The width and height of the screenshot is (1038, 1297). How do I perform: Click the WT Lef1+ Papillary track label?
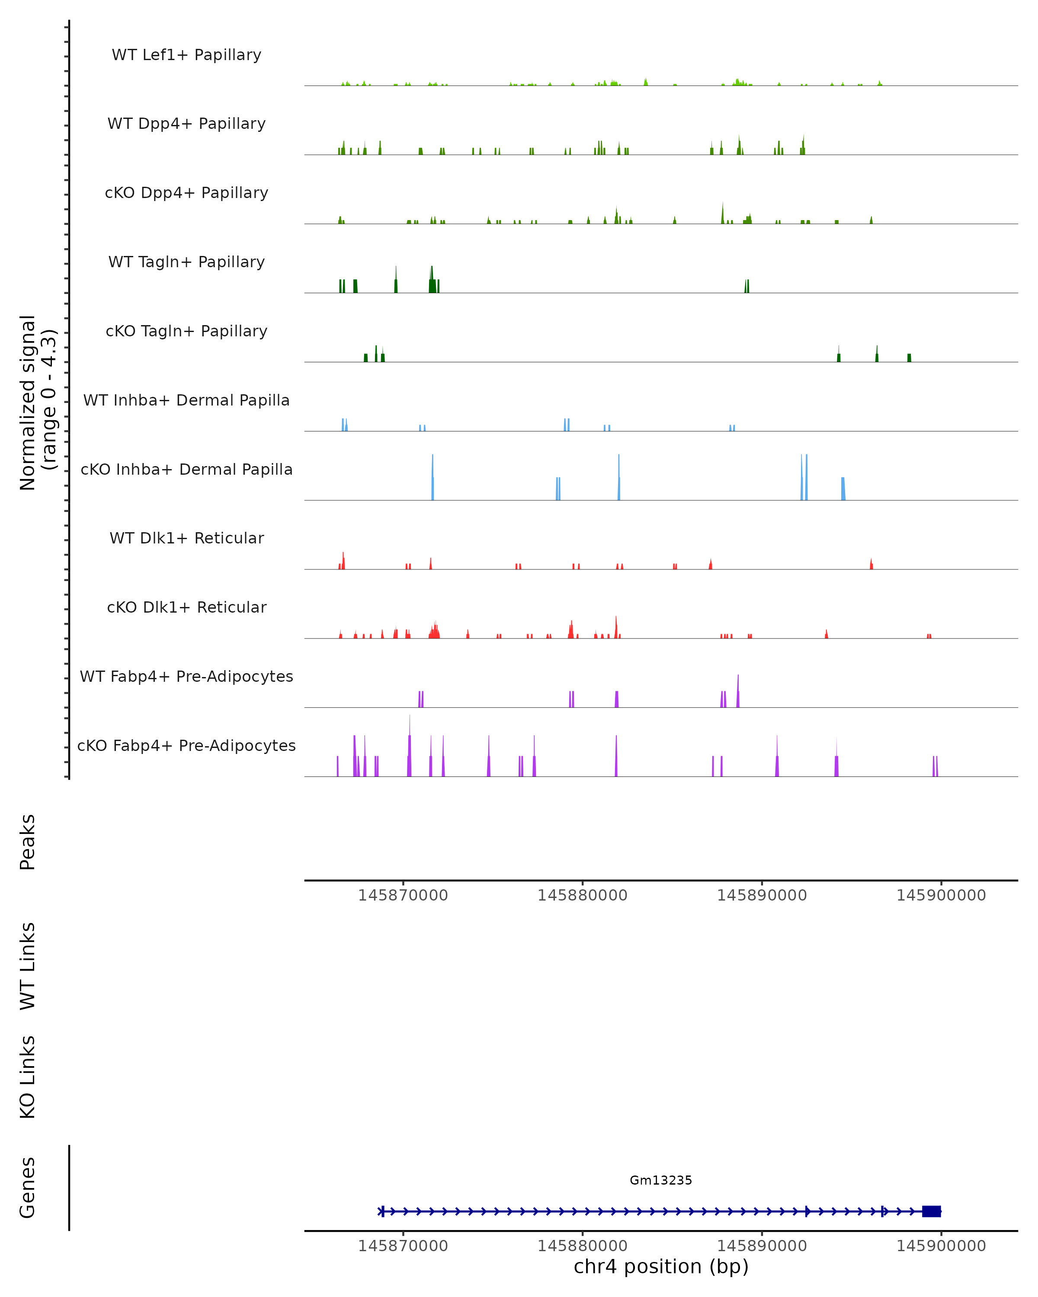click(186, 55)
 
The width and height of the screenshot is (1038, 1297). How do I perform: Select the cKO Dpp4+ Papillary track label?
click(186, 192)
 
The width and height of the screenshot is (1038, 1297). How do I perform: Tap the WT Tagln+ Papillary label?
click(186, 262)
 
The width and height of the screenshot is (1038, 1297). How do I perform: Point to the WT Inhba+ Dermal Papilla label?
click(186, 400)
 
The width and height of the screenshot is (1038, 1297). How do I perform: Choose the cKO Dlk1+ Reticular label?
click(186, 607)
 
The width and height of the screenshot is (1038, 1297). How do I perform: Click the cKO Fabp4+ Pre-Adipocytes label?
click(186, 745)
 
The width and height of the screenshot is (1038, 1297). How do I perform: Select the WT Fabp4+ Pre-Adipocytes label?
click(186, 676)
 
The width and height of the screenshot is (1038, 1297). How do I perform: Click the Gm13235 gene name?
click(661, 1180)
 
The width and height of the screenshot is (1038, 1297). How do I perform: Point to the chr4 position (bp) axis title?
click(661, 1266)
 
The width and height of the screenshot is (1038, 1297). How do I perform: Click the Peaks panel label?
click(28, 842)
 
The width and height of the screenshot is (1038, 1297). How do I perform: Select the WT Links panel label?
click(28, 965)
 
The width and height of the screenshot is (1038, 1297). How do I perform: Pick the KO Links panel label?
click(28, 1077)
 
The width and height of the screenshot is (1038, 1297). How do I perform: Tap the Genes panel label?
click(28, 1188)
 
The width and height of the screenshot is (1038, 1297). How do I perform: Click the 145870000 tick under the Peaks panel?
click(403, 895)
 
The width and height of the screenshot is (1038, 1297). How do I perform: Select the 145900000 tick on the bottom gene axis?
click(941, 1246)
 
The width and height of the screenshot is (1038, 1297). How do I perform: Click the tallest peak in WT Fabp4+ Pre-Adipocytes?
click(738, 692)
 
